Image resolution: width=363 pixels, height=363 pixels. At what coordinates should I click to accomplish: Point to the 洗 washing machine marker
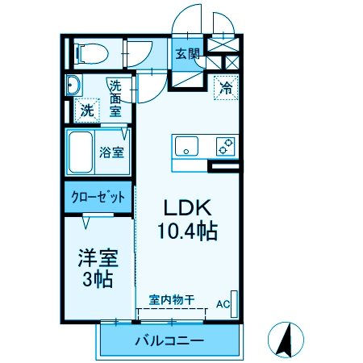point(86,111)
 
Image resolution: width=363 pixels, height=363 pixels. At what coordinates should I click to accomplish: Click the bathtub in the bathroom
point(81,152)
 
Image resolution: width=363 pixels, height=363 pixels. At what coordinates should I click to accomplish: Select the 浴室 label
point(111,152)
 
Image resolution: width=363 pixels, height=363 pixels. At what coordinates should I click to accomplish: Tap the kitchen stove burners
point(225,147)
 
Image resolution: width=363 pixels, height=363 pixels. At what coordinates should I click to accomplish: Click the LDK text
point(185,206)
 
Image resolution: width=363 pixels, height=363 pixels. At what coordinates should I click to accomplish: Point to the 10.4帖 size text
point(186,232)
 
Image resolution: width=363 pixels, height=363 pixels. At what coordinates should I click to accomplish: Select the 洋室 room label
point(98,258)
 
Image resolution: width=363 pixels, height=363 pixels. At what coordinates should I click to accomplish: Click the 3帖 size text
point(98,280)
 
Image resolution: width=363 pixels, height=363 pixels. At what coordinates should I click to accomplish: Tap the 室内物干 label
point(171,299)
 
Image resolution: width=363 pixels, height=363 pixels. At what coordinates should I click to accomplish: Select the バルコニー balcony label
point(169,341)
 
